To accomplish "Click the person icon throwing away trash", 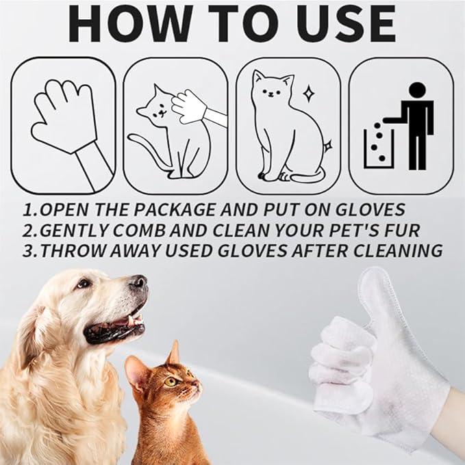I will pyautogui.click(x=415, y=123).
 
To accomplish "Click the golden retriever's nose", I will pyautogui.click(x=139, y=282).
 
